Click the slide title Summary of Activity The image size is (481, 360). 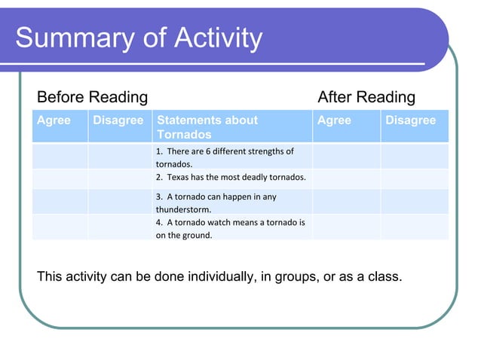pyautogui.click(x=139, y=38)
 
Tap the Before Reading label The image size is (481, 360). pyautogui.click(x=92, y=97)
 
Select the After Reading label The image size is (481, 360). pyautogui.click(x=366, y=97)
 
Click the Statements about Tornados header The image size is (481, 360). pyautogui.click(x=207, y=127)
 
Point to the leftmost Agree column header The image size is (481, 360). pyautogui.click(x=54, y=121)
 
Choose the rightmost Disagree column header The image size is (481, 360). pyautogui.click(x=410, y=121)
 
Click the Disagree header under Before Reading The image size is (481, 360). pyautogui.click(x=118, y=121)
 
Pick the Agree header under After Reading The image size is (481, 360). pyautogui.click(x=334, y=121)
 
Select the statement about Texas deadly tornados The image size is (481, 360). pyautogui.click(x=231, y=178)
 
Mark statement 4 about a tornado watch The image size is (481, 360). pyautogui.click(x=230, y=228)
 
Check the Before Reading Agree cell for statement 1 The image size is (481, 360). pyautogui.click(x=60, y=157)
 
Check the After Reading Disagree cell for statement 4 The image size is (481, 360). pyautogui.click(x=414, y=227)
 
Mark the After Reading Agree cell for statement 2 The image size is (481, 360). pyautogui.click(x=346, y=178)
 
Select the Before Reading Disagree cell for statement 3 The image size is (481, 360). pyautogui.click(x=119, y=202)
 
